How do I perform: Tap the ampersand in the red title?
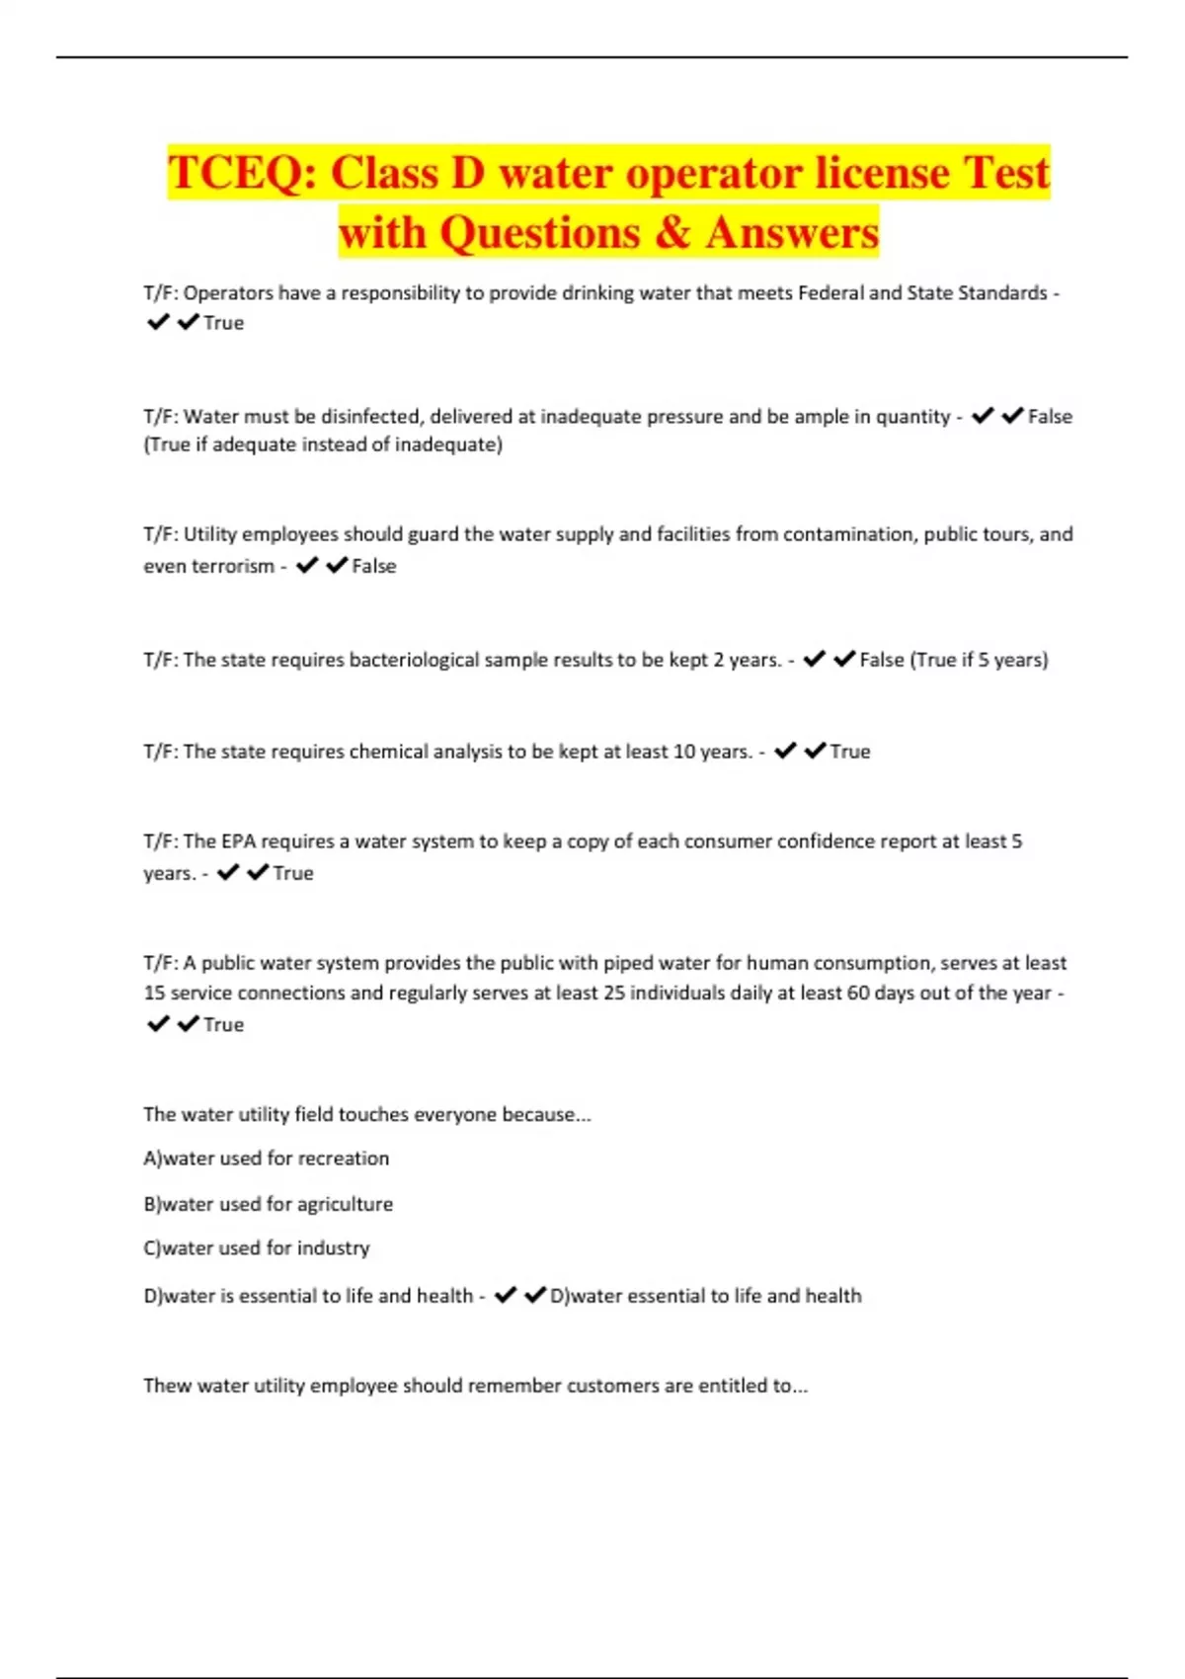click(x=671, y=233)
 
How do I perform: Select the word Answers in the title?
click(x=792, y=233)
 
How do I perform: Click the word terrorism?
click(x=208, y=566)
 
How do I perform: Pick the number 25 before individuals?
click(x=614, y=993)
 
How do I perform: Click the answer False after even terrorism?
click(x=374, y=566)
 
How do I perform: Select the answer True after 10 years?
click(x=850, y=752)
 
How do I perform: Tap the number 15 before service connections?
click(x=154, y=993)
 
